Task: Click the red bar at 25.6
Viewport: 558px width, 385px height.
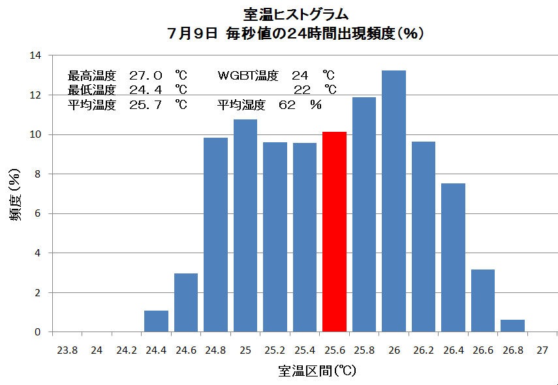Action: [334, 232]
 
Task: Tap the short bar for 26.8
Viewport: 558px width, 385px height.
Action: [512, 325]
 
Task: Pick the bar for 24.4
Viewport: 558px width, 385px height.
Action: [156, 321]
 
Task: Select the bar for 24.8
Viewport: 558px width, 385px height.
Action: [215, 234]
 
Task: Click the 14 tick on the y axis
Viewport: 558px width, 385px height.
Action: [35, 55]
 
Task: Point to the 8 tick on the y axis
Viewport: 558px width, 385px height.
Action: [38, 174]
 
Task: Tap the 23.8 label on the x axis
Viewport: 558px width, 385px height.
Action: [67, 350]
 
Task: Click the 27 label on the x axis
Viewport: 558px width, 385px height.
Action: [542, 350]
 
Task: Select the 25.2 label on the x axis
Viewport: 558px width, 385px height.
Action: [275, 350]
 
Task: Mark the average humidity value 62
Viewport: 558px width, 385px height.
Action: [287, 104]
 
